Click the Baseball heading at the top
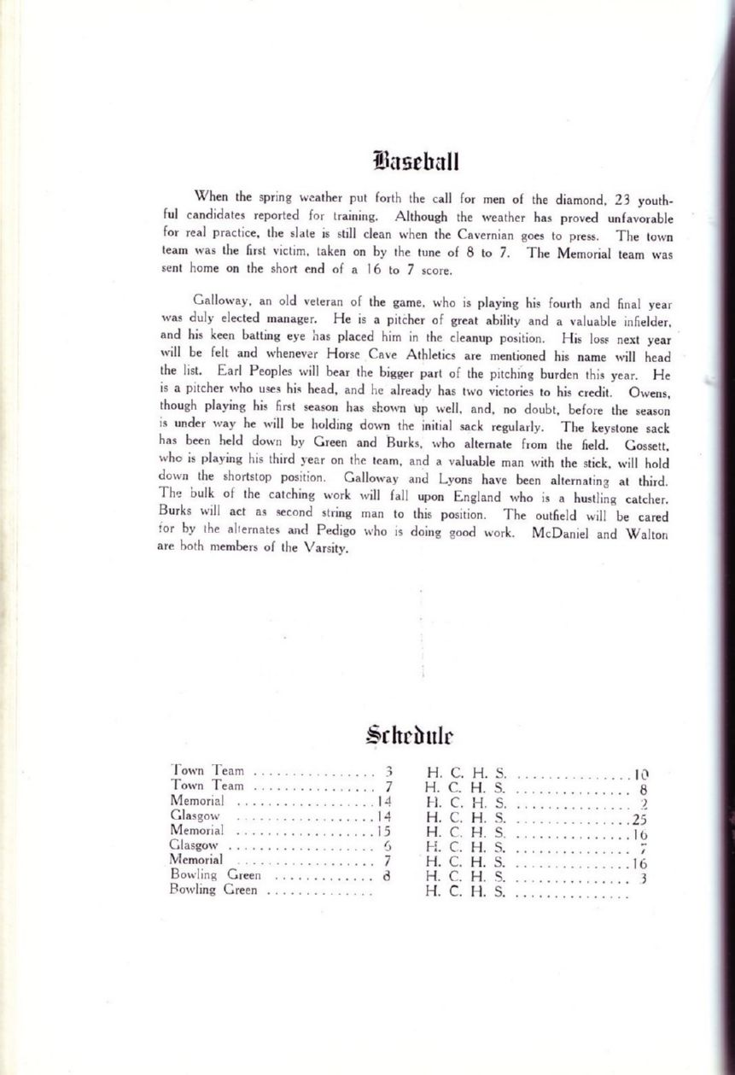point(417,161)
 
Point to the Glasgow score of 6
point(386,846)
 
